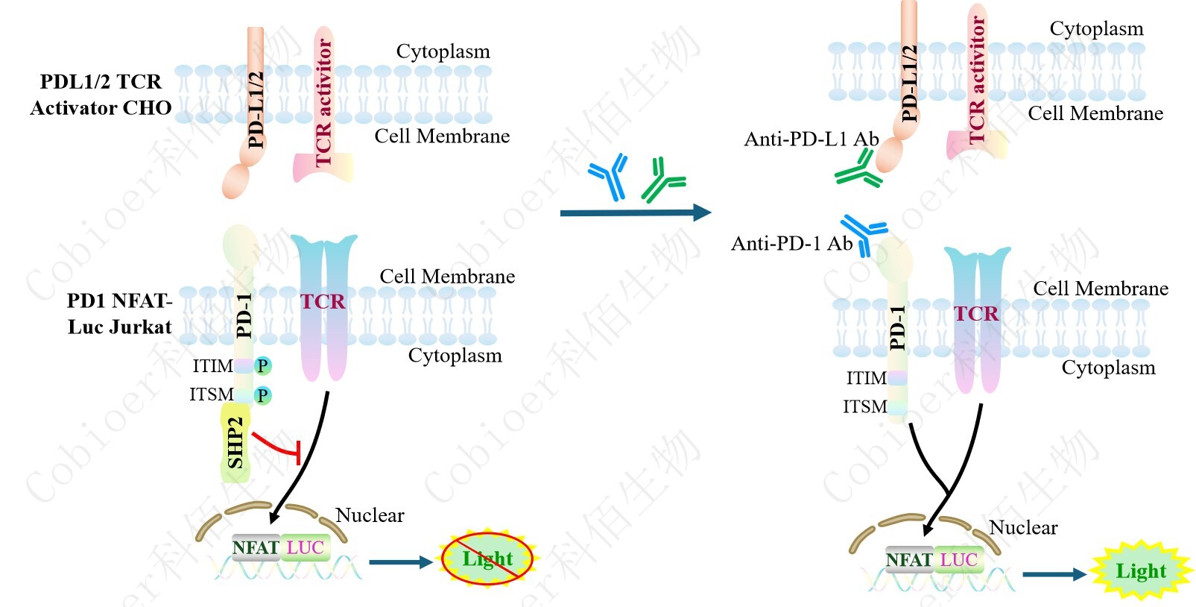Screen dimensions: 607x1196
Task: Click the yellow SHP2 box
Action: pos(235,444)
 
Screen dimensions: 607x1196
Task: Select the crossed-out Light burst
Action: pos(487,559)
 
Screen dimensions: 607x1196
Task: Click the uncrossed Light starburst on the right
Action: pos(1140,571)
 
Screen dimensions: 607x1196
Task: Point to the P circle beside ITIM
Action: pos(262,366)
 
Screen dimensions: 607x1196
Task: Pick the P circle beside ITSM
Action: pos(262,395)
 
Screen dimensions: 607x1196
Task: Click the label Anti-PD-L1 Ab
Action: pos(811,139)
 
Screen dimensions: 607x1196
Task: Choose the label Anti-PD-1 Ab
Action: pos(791,244)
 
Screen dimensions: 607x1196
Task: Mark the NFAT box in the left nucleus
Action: pos(256,548)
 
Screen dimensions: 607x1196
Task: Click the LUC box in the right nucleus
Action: pos(958,560)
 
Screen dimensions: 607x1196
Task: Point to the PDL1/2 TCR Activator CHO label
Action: pos(101,95)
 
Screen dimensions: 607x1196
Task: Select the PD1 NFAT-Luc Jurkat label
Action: pos(119,314)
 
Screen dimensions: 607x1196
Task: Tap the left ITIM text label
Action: pos(212,366)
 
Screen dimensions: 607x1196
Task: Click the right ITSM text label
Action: pos(864,407)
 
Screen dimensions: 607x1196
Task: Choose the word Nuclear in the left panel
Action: pos(370,515)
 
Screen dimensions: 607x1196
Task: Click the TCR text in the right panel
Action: pos(976,314)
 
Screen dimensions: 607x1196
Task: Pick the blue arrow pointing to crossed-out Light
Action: pos(401,562)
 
